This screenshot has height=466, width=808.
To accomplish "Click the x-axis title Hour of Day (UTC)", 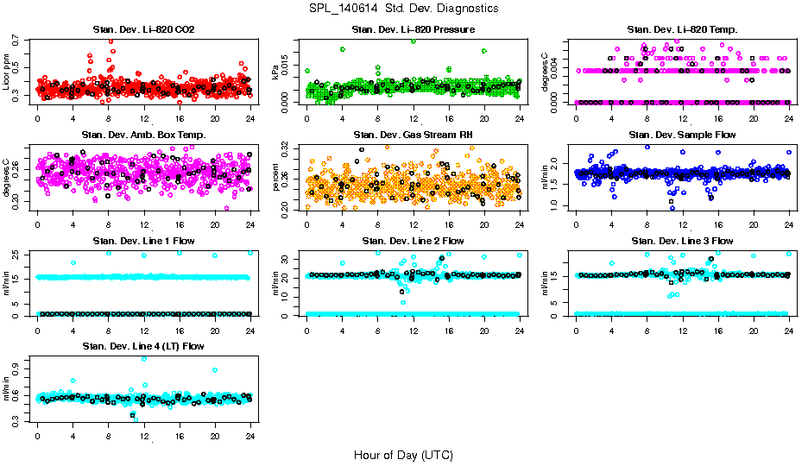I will click(x=402, y=454).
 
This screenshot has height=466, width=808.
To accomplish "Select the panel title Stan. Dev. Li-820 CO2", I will click(x=143, y=30).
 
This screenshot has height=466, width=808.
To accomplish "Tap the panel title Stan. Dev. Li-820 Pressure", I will click(x=413, y=30).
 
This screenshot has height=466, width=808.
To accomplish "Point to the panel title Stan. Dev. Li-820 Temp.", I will click(x=682, y=30).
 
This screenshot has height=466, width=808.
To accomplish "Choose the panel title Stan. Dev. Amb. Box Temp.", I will click(x=143, y=135).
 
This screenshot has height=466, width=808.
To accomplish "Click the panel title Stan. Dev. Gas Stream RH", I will click(x=413, y=135).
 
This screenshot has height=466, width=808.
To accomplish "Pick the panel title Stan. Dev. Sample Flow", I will click(x=682, y=135).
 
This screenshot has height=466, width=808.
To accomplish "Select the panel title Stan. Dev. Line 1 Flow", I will click(x=143, y=241).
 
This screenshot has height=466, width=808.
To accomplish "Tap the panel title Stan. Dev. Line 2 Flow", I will click(x=413, y=241).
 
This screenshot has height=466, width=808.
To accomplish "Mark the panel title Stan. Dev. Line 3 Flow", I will click(x=682, y=241).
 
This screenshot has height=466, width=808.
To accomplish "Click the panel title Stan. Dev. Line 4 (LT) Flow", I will click(x=143, y=346).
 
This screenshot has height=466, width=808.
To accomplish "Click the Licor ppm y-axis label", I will click(x=7, y=72).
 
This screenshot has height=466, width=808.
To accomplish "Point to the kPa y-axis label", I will click(x=276, y=72).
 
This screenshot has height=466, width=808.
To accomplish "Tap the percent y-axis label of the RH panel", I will click(x=276, y=178).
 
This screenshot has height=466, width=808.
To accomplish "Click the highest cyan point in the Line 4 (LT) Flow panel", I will click(x=143, y=358).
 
